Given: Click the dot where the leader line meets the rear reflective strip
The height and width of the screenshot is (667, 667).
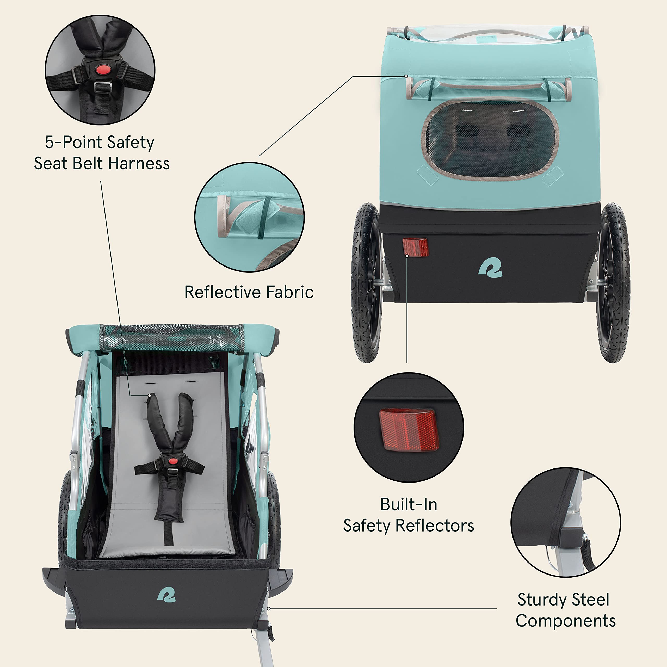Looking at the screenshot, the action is (406, 76).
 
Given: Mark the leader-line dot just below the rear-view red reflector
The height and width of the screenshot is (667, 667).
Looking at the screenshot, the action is (407, 256).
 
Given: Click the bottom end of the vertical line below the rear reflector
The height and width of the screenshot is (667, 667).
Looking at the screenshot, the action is (407, 363).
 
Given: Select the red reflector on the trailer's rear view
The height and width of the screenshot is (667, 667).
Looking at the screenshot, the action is (416, 246).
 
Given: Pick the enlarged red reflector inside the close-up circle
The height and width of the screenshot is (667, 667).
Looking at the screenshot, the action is (409, 430).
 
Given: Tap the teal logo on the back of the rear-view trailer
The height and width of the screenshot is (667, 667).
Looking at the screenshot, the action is (490, 268).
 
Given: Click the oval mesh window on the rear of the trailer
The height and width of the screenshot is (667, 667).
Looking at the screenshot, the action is (490, 140).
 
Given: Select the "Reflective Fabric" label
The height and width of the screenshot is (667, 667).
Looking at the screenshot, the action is (249, 292).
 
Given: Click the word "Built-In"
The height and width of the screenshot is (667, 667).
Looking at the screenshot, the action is (409, 504).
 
